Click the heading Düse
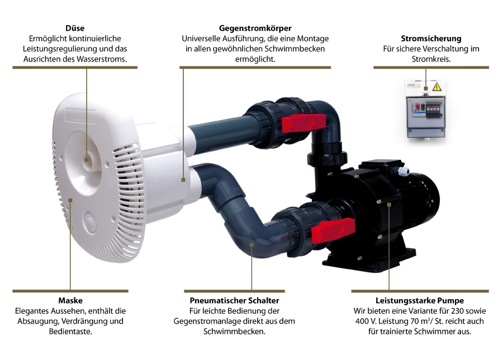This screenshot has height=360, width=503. click(75, 29)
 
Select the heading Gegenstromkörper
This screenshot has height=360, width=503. click(255, 29)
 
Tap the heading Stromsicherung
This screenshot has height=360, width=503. click(431, 39)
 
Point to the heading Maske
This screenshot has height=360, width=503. click(70, 301)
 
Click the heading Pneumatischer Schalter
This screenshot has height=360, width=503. click(234, 301)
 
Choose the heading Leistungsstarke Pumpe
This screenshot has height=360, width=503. click(420, 301)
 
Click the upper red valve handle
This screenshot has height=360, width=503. click(303, 123)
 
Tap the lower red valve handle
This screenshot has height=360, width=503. click(333, 228)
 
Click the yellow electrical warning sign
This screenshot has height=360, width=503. click(436, 87)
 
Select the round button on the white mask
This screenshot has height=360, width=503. click(89, 221)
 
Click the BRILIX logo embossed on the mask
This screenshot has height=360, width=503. click(80, 115)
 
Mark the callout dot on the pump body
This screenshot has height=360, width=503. click(389, 204)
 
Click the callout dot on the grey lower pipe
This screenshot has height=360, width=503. click(252, 245)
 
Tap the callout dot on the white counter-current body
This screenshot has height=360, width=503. click(183, 180)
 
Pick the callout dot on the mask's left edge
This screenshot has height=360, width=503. click(70, 200)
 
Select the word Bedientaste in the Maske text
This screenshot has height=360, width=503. click(70, 331)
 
